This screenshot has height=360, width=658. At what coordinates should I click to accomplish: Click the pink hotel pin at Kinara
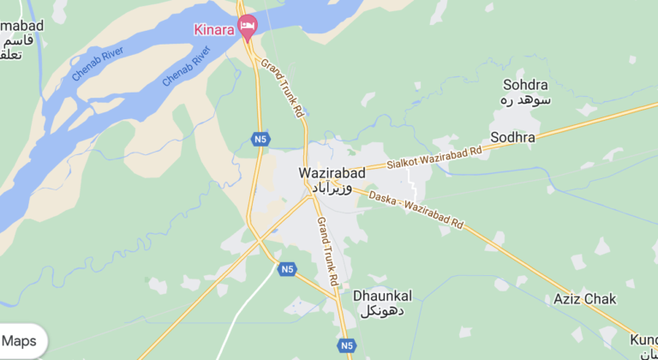click(248, 27)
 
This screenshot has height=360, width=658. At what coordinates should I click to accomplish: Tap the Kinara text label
click(215, 30)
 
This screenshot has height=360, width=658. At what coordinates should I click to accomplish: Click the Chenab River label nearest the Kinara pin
click(187, 68)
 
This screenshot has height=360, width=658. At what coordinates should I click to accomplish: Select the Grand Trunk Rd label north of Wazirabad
click(284, 88)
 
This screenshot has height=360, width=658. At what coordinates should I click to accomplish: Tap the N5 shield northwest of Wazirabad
click(260, 137)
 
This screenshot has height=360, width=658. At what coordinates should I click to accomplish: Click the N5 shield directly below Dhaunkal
click(346, 345)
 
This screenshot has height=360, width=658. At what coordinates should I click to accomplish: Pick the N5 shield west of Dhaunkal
click(288, 269)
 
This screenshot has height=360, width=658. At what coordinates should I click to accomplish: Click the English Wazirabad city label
click(332, 173)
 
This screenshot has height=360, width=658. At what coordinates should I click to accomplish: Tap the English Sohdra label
click(524, 85)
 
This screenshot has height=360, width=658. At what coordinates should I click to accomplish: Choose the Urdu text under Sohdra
click(524, 100)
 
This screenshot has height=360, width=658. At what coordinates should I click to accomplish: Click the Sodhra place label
click(512, 137)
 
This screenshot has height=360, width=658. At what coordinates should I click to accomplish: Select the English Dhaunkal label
click(382, 296)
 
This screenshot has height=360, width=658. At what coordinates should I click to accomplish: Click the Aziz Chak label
click(585, 298)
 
